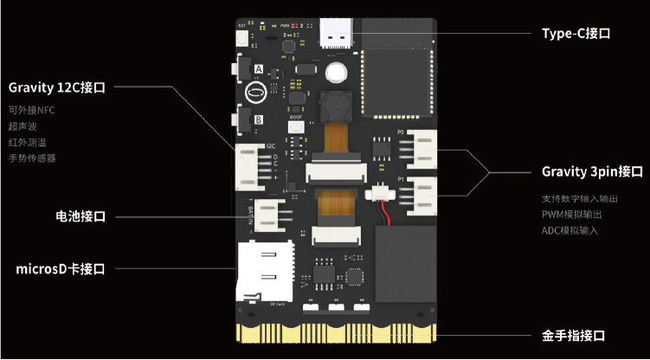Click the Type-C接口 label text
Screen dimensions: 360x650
(576, 34)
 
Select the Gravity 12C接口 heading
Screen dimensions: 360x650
(57, 87)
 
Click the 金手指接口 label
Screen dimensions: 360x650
(573, 335)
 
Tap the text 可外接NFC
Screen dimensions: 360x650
(32, 110)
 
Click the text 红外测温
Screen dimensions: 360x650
(26, 142)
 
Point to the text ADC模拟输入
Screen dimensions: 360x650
(570, 230)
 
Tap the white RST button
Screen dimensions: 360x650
(241, 39)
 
